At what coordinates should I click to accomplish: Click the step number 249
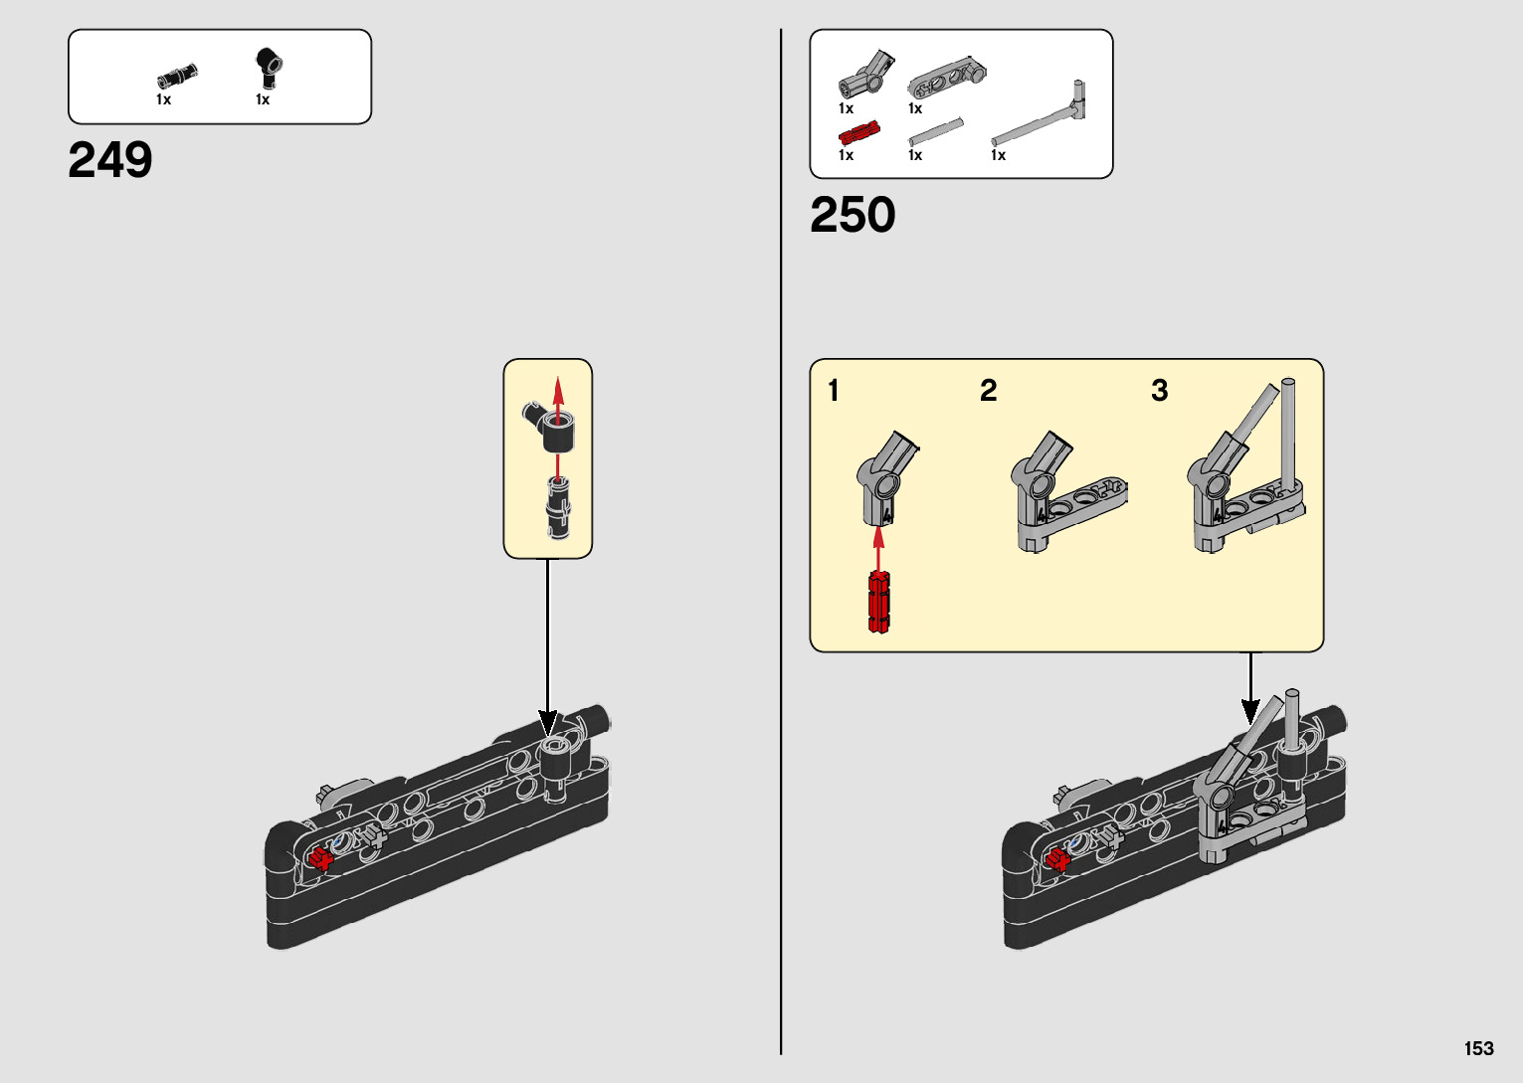point(110,160)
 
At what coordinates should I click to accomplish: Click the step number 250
point(853,215)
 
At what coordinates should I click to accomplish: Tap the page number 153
point(1478,1048)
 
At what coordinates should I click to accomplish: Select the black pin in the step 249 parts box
point(177,75)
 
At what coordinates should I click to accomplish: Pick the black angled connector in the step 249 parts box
point(268,67)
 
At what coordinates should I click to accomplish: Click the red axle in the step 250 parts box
point(859,133)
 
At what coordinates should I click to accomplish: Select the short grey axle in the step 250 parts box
point(936,130)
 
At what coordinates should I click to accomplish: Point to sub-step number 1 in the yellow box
point(834,391)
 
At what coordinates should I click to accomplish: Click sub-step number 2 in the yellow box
point(988,391)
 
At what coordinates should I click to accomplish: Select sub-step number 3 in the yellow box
point(1159,391)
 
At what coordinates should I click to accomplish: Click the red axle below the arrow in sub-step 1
point(878,602)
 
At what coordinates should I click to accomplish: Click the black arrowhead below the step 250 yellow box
point(1250,710)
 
